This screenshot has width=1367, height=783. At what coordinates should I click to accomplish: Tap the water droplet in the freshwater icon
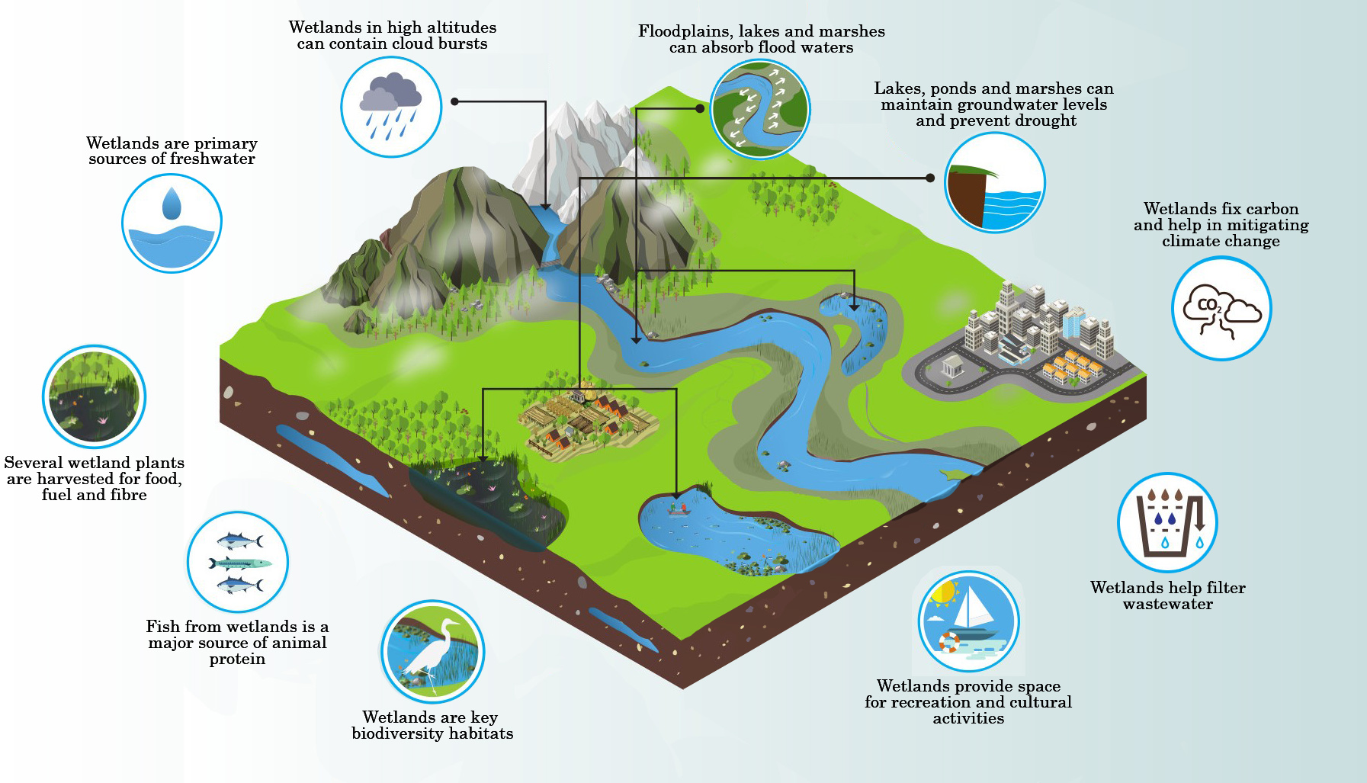172,204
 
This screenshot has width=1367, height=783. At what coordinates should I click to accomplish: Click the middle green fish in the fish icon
240,564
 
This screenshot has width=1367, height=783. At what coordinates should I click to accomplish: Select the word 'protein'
237,659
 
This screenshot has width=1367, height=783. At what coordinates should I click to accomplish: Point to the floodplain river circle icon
759,109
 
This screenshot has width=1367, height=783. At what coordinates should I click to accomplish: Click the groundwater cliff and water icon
994,183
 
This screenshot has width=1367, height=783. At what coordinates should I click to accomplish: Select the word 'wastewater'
1167,604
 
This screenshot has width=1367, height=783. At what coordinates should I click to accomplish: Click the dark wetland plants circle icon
94,396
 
